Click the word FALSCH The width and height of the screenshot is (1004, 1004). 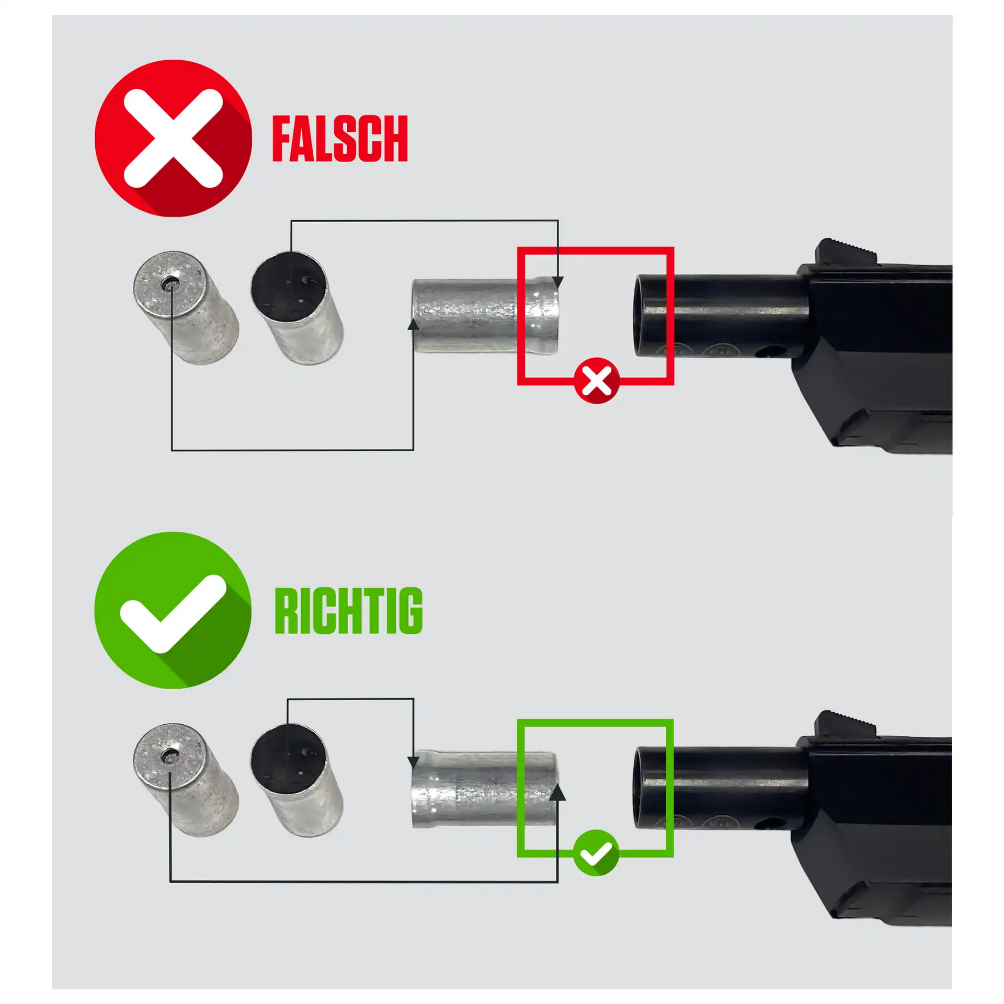pyautogui.click(x=340, y=139)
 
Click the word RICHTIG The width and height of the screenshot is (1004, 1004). pyautogui.click(x=348, y=611)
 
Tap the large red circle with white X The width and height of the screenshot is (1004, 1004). pyautogui.click(x=173, y=138)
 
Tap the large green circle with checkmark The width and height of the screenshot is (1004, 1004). pyautogui.click(x=173, y=610)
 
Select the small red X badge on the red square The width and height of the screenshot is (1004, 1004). pyautogui.click(x=597, y=381)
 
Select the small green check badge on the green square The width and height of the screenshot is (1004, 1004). pyautogui.click(x=596, y=853)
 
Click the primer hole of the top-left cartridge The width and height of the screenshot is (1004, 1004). pyautogui.click(x=169, y=284)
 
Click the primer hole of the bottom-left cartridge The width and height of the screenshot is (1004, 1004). pyautogui.click(x=169, y=756)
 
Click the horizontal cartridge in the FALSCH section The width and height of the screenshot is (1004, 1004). pyautogui.click(x=486, y=316)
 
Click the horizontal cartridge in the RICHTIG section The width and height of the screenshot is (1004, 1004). pyautogui.click(x=484, y=789)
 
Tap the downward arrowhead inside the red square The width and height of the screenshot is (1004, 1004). pyautogui.click(x=558, y=282)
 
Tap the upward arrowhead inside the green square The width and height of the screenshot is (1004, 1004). pyautogui.click(x=558, y=792)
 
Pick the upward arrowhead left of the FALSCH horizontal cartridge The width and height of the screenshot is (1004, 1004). pyautogui.click(x=413, y=324)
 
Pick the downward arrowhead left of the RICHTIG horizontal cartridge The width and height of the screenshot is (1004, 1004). pyautogui.click(x=413, y=762)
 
